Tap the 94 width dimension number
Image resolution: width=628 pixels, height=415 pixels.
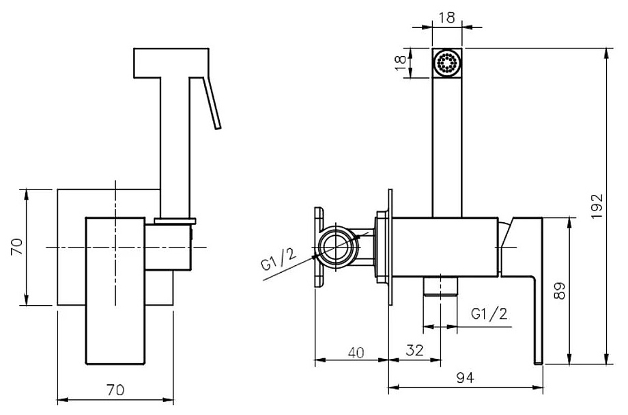[466, 377]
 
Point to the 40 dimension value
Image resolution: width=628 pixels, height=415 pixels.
[355, 352]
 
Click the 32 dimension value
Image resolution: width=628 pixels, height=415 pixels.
[414, 350]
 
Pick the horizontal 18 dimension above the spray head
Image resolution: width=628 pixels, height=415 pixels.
[446, 18]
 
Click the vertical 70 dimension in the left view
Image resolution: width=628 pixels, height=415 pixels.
[16, 246]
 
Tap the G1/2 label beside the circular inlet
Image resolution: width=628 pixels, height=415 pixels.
[279, 260]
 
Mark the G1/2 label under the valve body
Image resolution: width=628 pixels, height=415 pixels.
[489, 314]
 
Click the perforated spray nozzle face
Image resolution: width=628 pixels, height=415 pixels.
[447, 64]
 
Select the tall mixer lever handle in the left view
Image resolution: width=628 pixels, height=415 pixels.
[115, 291]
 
